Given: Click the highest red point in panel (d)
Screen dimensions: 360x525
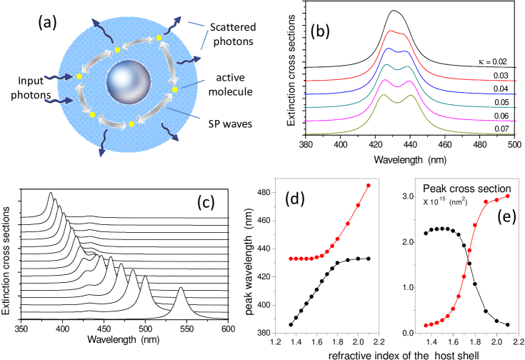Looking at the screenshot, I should (368, 186).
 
